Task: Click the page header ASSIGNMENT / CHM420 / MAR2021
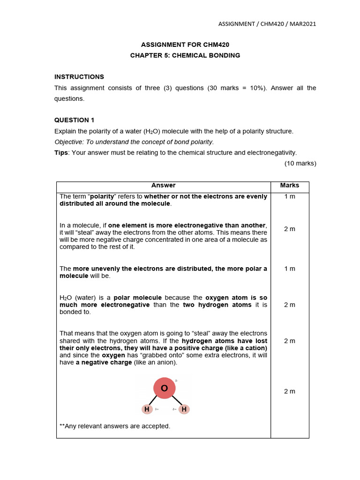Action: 267,24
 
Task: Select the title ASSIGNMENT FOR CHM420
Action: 185,45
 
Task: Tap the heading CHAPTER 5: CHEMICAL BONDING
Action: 185,55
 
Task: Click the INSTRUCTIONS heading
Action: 79,77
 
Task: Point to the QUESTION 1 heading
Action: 75,120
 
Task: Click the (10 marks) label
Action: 300,164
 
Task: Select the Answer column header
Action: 163,186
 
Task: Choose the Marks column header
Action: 289,186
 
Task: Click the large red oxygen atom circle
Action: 165,388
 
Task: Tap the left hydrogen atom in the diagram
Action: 147,409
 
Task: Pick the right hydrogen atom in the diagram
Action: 184,409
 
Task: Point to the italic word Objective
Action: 68,142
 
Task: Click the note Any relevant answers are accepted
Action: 115,426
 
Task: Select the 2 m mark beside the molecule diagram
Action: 289,391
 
